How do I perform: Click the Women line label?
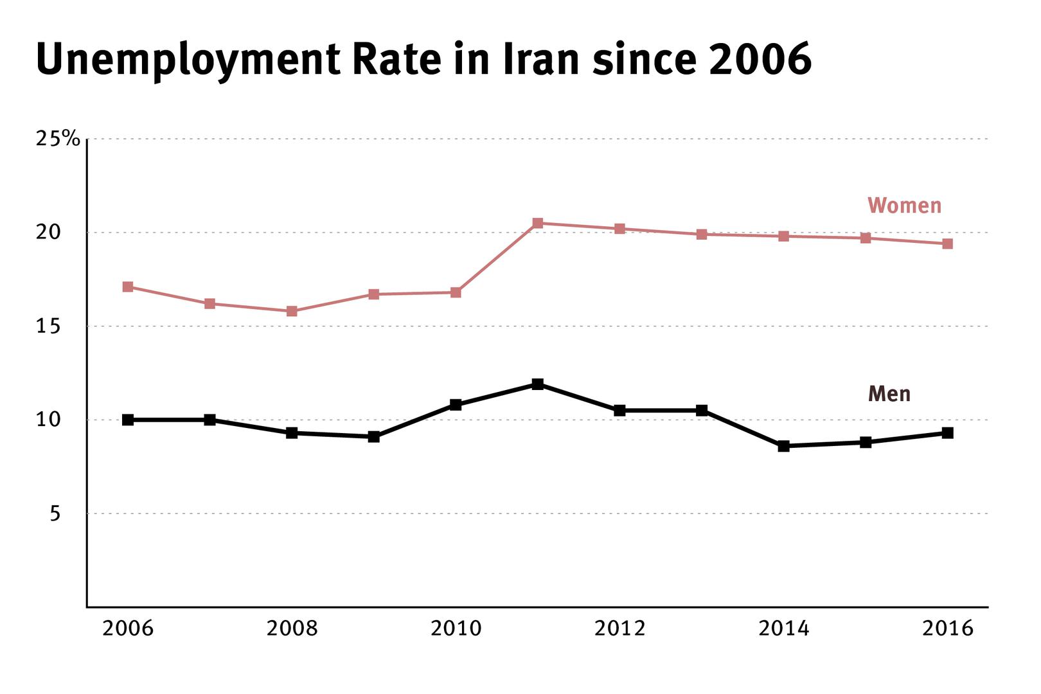[x=904, y=206]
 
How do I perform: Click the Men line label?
[x=889, y=393]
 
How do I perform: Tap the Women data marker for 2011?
[x=538, y=223]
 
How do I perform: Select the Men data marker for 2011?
[x=538, y=384]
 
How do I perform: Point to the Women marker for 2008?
[x=292, y=311]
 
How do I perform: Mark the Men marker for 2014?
[x=783, y=446]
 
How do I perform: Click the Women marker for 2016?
[x=947, y=244]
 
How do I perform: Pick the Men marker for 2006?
[x=128, y=420]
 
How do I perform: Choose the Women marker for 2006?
[x=128, y=287]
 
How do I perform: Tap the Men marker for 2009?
[x=374, y=437]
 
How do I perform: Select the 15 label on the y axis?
[x=48, y=326]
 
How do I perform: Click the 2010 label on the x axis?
[x=456, y=628]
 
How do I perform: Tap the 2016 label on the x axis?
[x=947, y=628]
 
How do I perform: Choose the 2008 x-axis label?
[x=292, y=628]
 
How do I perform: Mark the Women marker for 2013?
[x=702, y=234]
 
